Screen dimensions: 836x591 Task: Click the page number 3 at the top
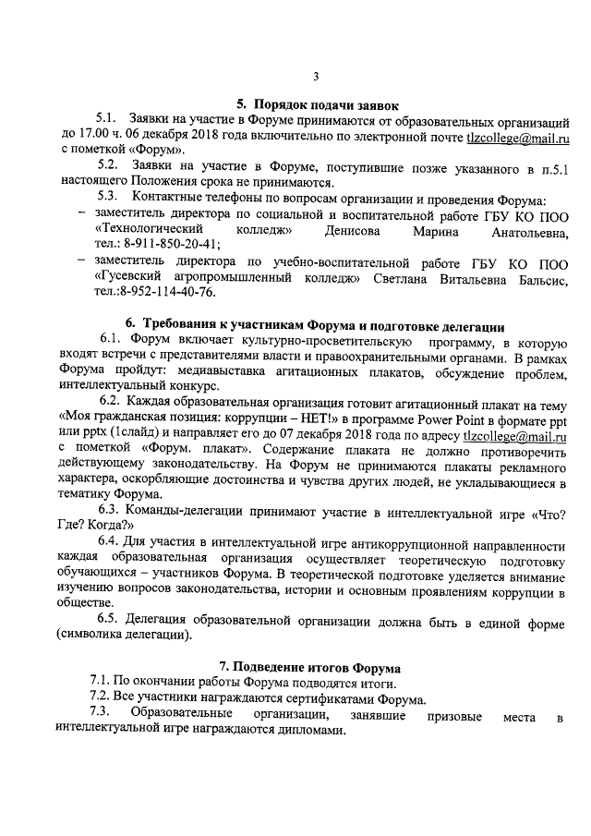[x=316, y=76]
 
